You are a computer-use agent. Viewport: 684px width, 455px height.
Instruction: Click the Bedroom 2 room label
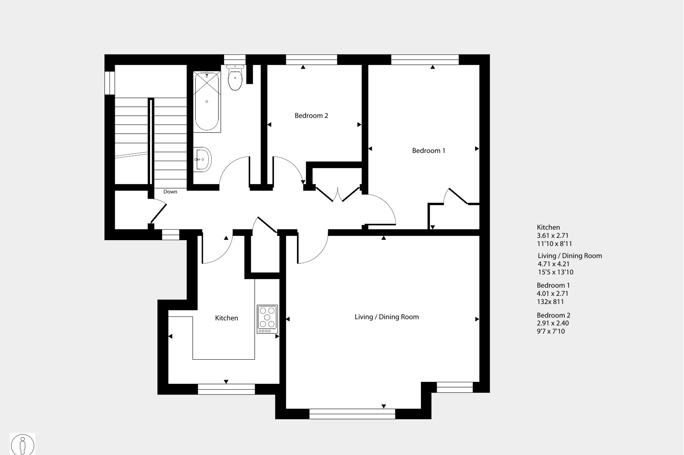311,116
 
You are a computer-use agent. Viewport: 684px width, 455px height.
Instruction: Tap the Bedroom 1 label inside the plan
428,151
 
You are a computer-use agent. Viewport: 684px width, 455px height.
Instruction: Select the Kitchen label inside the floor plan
226,318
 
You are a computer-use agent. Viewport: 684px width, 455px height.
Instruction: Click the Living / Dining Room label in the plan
386,317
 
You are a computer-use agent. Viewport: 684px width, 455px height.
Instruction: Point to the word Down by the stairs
170,192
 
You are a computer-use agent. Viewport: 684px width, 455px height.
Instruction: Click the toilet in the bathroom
235,78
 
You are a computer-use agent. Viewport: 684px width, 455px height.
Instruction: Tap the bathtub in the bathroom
207,102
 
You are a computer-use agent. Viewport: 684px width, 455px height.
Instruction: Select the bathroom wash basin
202,160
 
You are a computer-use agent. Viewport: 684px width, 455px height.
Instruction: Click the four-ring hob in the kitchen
267,319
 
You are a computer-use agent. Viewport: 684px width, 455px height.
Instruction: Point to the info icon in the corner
23,444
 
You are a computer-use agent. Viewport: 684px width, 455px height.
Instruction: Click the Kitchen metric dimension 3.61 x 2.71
552,236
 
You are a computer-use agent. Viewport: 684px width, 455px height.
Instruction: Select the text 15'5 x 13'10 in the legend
555,272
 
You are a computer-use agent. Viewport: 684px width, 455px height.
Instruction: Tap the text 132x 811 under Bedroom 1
550,302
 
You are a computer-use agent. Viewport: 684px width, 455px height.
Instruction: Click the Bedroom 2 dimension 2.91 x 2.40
553,323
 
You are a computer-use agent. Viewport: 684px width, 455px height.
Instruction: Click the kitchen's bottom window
226,389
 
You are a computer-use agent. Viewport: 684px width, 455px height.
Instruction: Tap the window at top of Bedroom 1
425,59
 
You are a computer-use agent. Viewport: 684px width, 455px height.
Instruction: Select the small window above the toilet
235,59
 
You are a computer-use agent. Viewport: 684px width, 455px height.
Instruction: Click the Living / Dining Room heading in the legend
570,256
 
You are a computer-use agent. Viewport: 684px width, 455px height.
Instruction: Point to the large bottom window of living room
352,414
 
